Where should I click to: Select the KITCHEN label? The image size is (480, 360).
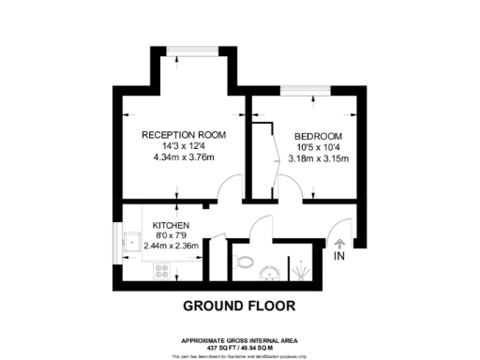tap(172, 226)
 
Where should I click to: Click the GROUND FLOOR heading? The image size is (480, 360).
tap(239, 306)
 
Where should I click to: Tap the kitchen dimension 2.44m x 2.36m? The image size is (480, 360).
tap(178, 247)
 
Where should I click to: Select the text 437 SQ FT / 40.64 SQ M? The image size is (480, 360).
tap(240, 346)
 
